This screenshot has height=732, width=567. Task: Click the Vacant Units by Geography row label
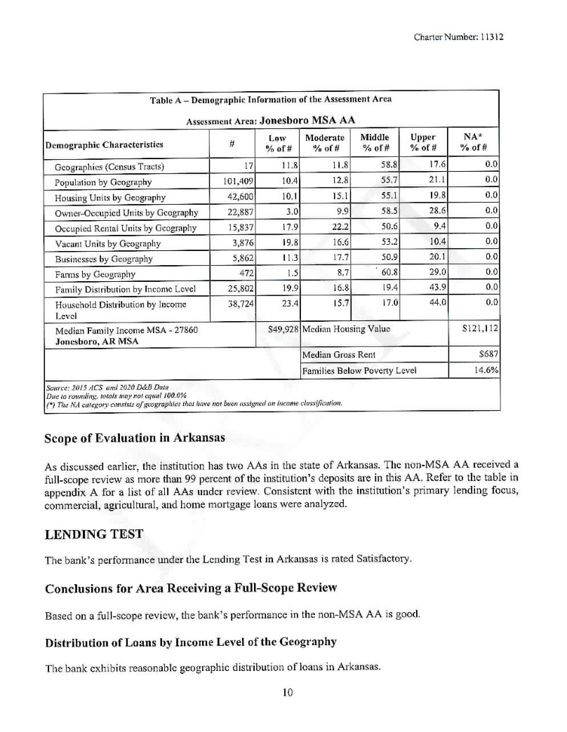click(x=107, y=243)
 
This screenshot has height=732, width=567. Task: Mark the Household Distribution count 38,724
click(x=236, y=305)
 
